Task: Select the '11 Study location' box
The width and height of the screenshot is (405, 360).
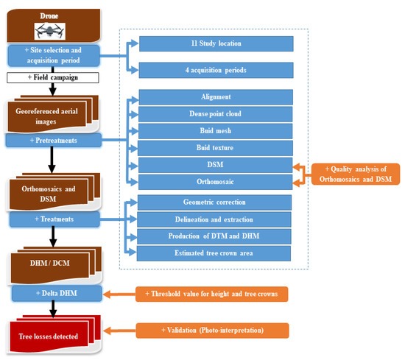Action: [x=216, y=43]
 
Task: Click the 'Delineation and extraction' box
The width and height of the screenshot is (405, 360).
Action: [x=216, y=219]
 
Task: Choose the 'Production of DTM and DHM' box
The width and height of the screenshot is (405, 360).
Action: [x=216, y=236]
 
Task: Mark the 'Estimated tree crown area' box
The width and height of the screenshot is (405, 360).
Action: [x=216, y=254]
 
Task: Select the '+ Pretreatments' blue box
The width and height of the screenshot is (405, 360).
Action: [x=54, y=139]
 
